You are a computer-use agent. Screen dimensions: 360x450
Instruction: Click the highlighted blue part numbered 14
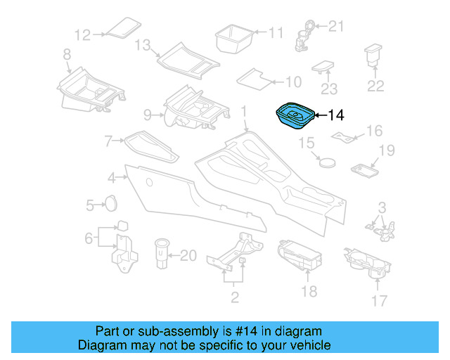(x=294, y=117)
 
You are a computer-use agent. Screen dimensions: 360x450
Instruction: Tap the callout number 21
(x=337, y=27)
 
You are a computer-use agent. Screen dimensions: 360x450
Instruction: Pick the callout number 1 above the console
(x=244, y=111)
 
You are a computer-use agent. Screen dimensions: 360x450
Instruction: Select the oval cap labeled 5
(x=110, y=204)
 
